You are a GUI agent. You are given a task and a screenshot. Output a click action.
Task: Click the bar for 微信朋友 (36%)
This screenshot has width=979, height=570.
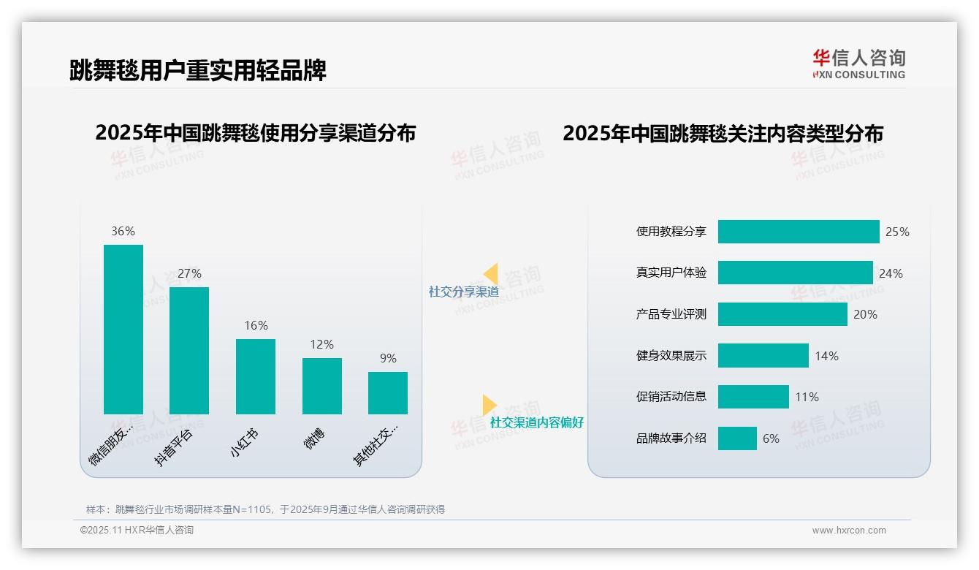pos(123,330)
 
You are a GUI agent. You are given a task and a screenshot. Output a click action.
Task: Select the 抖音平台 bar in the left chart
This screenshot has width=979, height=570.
pos(189,351)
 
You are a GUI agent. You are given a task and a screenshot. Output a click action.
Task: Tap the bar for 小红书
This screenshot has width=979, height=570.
pos(256,376)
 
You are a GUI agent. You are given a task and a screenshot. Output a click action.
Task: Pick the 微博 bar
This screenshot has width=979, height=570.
pos(322,386)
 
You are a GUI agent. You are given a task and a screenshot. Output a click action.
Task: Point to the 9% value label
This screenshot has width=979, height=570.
pos(388,358)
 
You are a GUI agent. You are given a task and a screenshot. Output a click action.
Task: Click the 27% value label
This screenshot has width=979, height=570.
pos(189,273)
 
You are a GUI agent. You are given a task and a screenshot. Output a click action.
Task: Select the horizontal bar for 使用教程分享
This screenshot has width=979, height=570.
pos(799,232)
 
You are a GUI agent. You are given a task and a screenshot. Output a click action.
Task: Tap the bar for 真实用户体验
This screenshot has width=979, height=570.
pos(795,273)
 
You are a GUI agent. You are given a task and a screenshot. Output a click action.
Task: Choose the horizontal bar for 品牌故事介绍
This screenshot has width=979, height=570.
pos(737,438)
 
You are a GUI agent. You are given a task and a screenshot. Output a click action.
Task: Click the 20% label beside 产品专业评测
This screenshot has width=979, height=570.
pos(865,314)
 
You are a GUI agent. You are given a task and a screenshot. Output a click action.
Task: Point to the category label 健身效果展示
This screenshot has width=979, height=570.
pos(671,356)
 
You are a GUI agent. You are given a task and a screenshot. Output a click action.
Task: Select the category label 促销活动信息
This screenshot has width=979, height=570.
pos(671,397)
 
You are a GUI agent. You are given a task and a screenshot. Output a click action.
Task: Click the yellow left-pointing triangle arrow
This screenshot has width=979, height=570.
pos(491,273)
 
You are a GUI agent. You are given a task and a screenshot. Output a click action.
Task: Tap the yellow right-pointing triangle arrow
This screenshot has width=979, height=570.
pos(489,405)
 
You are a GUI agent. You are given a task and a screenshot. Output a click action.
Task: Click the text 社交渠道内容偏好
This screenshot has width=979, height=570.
pos(537,422)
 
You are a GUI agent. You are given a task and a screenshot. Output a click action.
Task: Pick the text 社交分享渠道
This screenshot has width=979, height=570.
pos(464,292)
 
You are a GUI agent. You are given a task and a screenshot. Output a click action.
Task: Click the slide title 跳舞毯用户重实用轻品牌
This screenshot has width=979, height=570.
pos(197,70)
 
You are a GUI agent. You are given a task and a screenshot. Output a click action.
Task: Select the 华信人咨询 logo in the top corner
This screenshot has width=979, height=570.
pos(858,64)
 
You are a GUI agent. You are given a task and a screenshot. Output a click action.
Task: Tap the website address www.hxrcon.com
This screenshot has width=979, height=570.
pos(849,531)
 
